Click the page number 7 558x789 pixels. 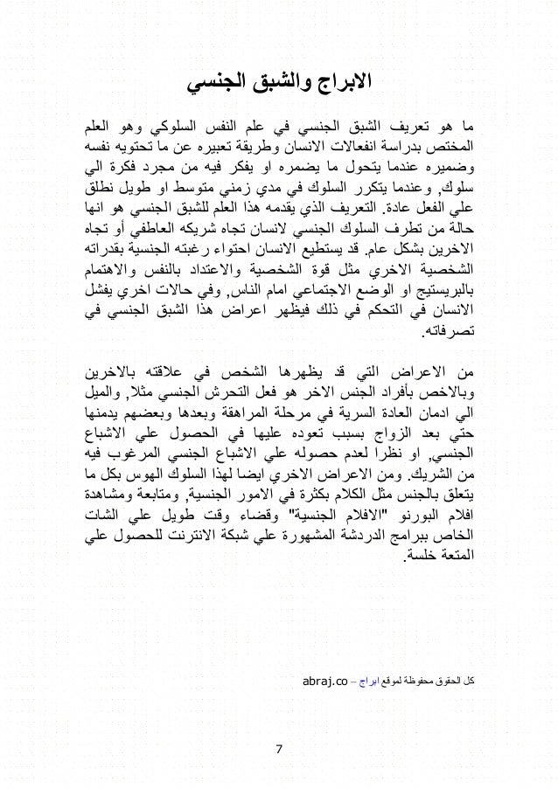(x=279, y=750)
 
